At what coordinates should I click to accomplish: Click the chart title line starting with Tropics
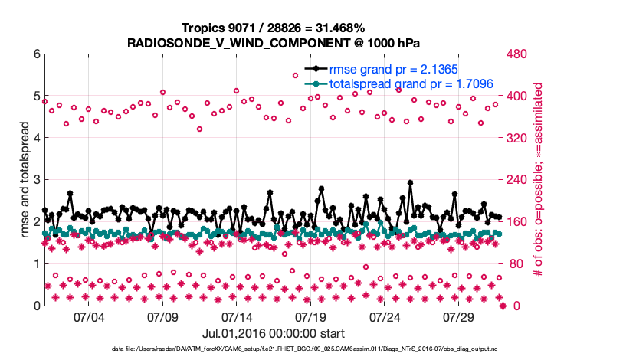[x=273, y=28]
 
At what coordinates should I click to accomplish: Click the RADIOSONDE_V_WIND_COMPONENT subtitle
[x=273, y=43]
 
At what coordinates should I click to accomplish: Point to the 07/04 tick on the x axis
[x=88, y=316]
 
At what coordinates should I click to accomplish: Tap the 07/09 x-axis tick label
[x=162, y=316]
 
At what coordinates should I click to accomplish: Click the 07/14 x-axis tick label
[x=237, y=316]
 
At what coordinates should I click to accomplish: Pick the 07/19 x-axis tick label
[x=311, y=316]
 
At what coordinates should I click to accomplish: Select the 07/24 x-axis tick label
[x=385, y=316]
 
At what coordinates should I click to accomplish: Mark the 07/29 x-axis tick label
[x=460, y=316]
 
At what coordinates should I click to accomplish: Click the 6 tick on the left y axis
[x=36, y=54]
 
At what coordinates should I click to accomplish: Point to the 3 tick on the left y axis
[x=36, y=180]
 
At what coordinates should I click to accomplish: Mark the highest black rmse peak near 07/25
[x=411, y=183]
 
